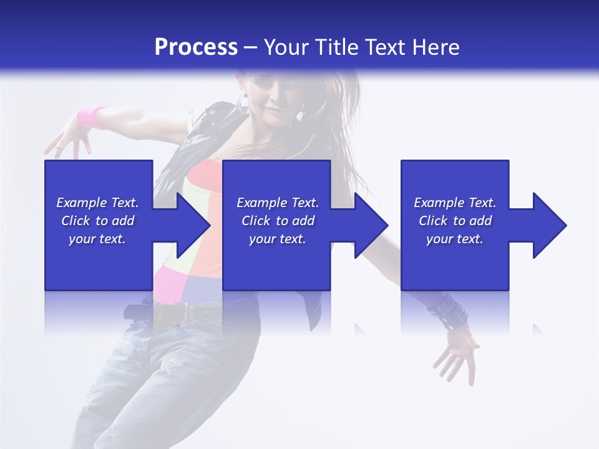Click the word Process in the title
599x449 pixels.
coord(196,47)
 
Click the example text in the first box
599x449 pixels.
coord(97,221)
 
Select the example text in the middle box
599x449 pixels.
coord(277,221)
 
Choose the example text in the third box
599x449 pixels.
coord(455,221)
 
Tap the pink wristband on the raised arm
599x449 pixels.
coord(91,117)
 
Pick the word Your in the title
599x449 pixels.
coord(289,47)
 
